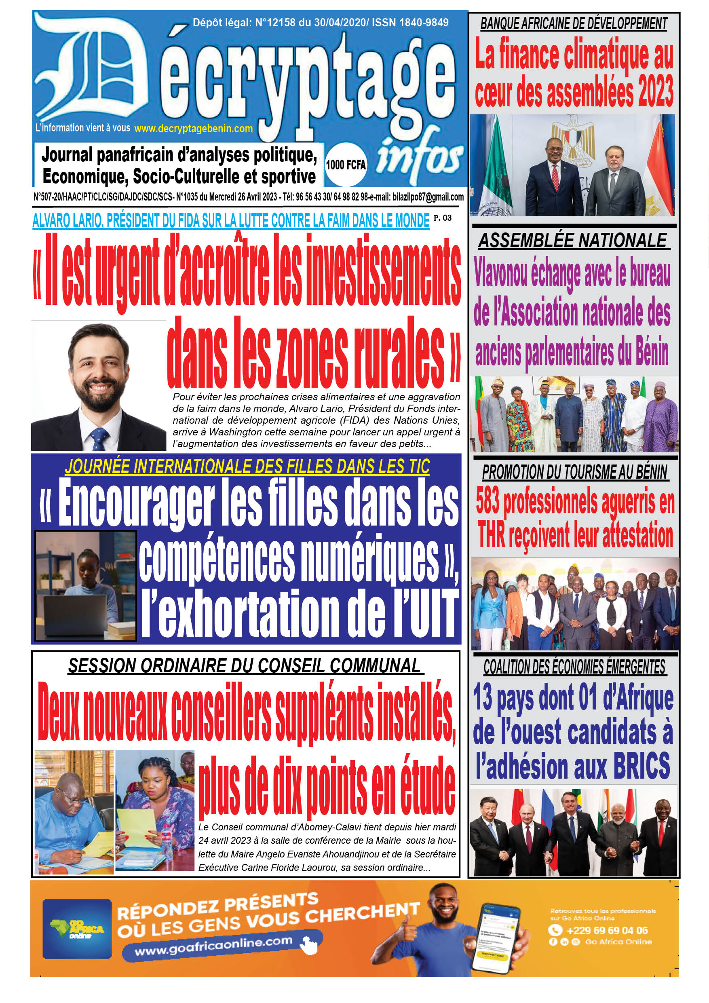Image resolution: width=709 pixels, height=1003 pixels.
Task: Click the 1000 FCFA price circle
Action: coord(346,165)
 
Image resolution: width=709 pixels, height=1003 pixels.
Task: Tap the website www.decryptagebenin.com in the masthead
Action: coord(194,129)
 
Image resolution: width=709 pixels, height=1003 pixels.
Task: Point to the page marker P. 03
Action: coord(442,218)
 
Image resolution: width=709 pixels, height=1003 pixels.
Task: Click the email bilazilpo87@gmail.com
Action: coord(428,197)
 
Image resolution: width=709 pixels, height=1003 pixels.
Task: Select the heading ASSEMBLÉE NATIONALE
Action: coord(573,241)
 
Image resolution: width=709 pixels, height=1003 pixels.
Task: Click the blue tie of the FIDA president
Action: coord(99,438)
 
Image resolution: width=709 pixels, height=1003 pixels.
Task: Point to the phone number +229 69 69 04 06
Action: coord(607,931)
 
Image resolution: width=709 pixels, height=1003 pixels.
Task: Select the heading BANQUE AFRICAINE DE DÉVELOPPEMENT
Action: coord(574,23)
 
